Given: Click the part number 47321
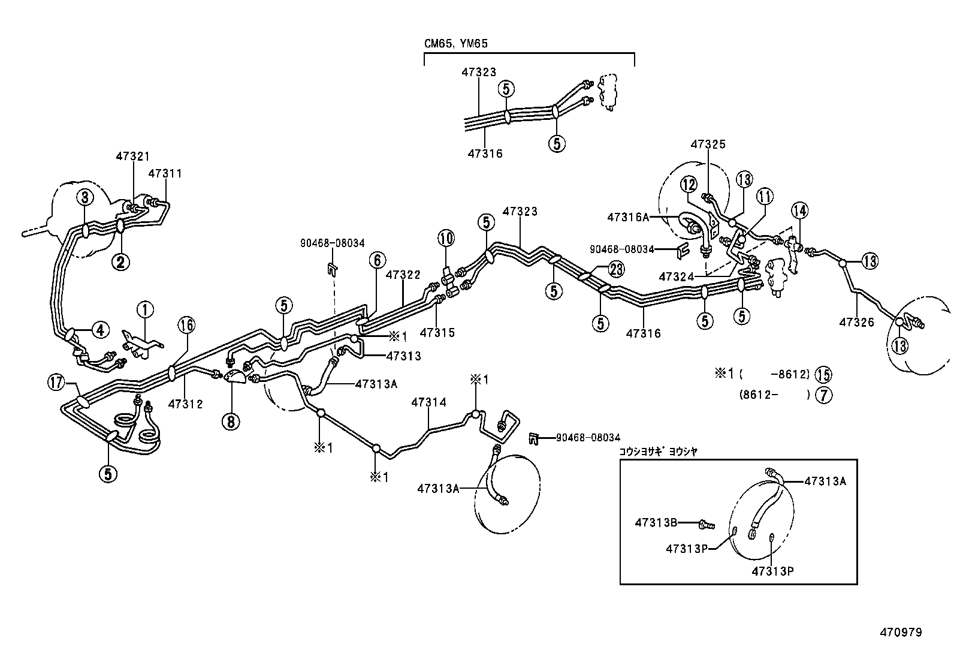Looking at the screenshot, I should [133, 157].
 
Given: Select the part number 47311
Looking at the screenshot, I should [165, 174].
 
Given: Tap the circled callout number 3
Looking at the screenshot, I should [84, 197].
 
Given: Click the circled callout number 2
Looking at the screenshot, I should [120, 261].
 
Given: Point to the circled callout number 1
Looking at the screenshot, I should [145, 310].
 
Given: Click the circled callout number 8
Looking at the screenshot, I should [231, 421].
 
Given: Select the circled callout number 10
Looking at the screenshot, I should [445, 238].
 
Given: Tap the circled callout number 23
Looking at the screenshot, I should [617, 269].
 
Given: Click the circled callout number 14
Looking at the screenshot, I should [799, 210].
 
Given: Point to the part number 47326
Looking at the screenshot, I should [857, 323].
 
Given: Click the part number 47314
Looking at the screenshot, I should [428, 403].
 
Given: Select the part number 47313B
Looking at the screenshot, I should [656, 523].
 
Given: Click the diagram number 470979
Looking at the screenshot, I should [901, 632].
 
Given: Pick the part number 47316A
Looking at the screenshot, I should [628, 217].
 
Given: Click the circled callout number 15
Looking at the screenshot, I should [824, 375].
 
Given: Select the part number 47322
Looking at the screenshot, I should [403, 275].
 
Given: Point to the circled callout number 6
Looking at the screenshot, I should [376, 260].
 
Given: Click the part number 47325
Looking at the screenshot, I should [708, 145].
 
